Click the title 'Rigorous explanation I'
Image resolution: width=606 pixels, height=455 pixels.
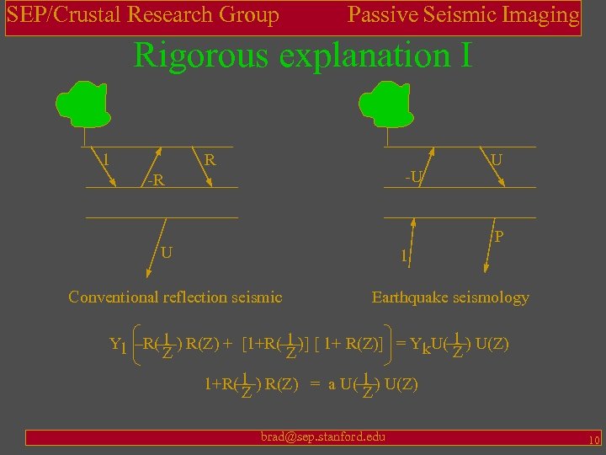click(302, 56)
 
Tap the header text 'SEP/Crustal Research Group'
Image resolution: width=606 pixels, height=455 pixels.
click(143, 14)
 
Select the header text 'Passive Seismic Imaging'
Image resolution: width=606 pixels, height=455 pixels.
click(463, 14)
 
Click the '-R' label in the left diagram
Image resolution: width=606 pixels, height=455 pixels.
click(153, 179)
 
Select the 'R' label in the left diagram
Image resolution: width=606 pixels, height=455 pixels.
click(210, 159)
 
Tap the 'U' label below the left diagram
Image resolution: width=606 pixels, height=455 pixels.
click(167, 252)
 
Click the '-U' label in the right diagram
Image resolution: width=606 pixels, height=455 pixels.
click(413, 177)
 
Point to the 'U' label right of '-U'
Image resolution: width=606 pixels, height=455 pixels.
click(497, 159)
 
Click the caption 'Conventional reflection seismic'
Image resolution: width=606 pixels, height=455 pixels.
click(175, 297)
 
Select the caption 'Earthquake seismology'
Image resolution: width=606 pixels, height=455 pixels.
click(450, 297)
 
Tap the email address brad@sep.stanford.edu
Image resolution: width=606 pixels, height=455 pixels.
click(323, 436)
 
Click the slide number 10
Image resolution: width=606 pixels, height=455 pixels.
click(593, 441)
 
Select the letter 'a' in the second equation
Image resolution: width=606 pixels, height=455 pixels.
click(332, 385)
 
